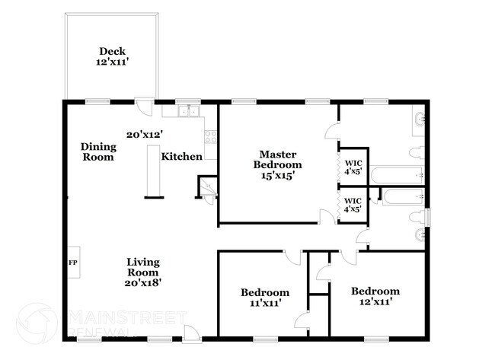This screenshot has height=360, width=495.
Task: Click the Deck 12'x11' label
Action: click(111, 57)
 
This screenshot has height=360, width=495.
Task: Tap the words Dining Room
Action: click(99, 152)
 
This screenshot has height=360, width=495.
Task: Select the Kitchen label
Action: click(181, 157)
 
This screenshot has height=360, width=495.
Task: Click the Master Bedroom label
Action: click(277, 164)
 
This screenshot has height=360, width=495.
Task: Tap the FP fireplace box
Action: click(73, 263)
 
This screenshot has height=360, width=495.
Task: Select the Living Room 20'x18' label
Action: click(142, 272)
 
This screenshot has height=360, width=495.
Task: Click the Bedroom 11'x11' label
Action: click(265, 297)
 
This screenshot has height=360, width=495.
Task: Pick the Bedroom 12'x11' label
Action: click(375, 296)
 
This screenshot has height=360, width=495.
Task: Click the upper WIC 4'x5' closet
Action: click(353, 166)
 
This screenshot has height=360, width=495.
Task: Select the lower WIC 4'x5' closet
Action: click(353, 204)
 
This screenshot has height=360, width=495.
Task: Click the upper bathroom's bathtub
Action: click(396, 176)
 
